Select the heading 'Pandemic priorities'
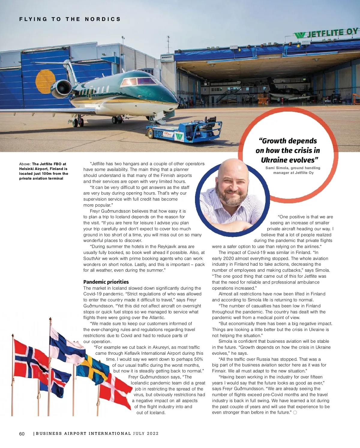click(106, 282)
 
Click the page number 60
click(22, 434)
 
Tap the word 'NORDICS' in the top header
click(103, 19)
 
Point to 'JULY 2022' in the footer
click(146, 433)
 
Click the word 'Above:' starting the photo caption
click(25, 164)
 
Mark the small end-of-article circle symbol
click(295, 413)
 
